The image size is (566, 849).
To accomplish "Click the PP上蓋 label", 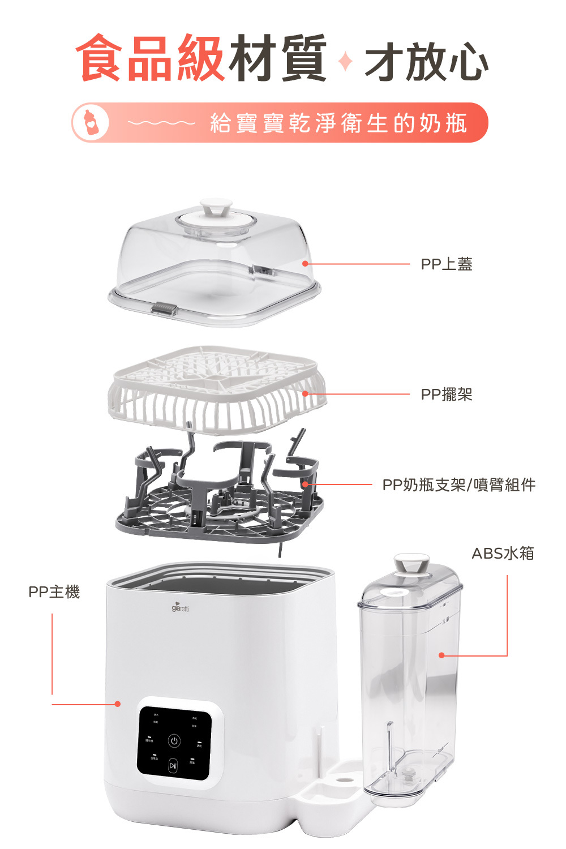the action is pos(446,264).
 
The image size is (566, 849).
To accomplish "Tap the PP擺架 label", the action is pos(446,395).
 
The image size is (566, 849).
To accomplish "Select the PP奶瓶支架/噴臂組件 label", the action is pos(458,485).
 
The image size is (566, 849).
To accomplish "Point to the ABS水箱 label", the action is pos(503,553).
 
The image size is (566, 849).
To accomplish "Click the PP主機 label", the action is pos(54,592).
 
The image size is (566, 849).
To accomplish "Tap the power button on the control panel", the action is pos(174,741).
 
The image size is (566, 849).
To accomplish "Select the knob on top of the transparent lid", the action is pos(216,206).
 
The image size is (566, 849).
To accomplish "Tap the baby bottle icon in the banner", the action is pos(89,122).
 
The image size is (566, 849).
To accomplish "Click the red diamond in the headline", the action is pos(345,61).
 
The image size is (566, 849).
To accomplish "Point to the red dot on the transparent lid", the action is pos(305,264).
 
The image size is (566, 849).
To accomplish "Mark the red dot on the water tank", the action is pos(441,655).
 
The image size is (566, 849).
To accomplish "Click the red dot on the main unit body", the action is pos(118,704).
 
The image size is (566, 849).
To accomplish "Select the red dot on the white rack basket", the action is pos(305,394).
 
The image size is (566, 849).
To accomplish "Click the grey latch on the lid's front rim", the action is pos(164,310).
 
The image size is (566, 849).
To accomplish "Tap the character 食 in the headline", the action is pos(100,58).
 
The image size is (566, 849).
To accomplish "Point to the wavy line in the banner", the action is pos(161,122).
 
